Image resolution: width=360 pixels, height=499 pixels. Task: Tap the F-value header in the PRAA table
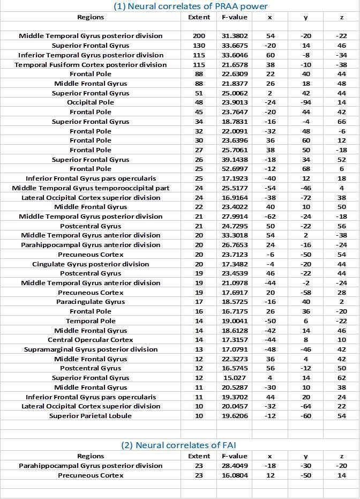coord(234,17)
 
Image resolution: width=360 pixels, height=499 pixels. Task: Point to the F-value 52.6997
coord(234,169)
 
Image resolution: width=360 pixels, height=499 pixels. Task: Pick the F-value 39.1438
coord(234,160)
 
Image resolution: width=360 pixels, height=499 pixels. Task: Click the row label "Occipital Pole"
coord(91,102)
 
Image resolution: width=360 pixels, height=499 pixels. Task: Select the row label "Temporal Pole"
coord(91,321)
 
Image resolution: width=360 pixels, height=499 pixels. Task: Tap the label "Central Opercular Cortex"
coord(91,340)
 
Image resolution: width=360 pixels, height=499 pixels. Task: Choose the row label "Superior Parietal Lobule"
coord(91,416)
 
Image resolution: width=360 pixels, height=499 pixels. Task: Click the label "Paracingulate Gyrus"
coord(91,302)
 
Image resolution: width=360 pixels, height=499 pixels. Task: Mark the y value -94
coord(305,102)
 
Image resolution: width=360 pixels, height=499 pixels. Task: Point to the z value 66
coord(341,122)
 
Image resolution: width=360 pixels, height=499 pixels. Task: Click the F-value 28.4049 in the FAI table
coord(234,466)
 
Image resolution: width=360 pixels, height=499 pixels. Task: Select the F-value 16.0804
coord(234,475)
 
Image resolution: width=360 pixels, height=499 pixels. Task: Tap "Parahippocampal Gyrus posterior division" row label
coord(91,466)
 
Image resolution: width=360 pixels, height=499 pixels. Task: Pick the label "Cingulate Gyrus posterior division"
coord(91,264)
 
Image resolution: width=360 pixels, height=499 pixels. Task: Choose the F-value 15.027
coord(234,378)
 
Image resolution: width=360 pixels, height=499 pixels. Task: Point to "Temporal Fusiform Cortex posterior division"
coord(91,65)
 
